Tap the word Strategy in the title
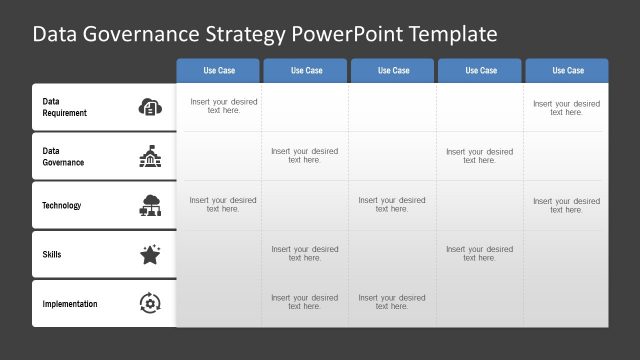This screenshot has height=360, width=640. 245,35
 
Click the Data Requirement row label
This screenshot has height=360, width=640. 64,107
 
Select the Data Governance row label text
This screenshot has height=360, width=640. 62,156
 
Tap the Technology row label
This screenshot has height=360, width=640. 62,206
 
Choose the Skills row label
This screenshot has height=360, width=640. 52,255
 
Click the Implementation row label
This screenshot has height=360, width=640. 70,304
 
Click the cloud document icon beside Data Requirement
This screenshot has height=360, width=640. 149,107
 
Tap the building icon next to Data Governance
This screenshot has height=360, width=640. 149,156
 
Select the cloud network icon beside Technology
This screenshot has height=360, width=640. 149,205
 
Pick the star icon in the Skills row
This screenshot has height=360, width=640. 149,255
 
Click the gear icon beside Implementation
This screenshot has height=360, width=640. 149,303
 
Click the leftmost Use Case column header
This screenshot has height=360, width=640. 219,71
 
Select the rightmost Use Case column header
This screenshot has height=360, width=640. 568,71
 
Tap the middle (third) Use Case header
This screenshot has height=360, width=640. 393,71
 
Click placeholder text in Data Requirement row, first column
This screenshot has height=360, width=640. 223,107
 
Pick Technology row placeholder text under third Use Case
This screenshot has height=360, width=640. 392,205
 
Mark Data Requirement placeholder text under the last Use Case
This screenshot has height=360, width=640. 566,107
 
